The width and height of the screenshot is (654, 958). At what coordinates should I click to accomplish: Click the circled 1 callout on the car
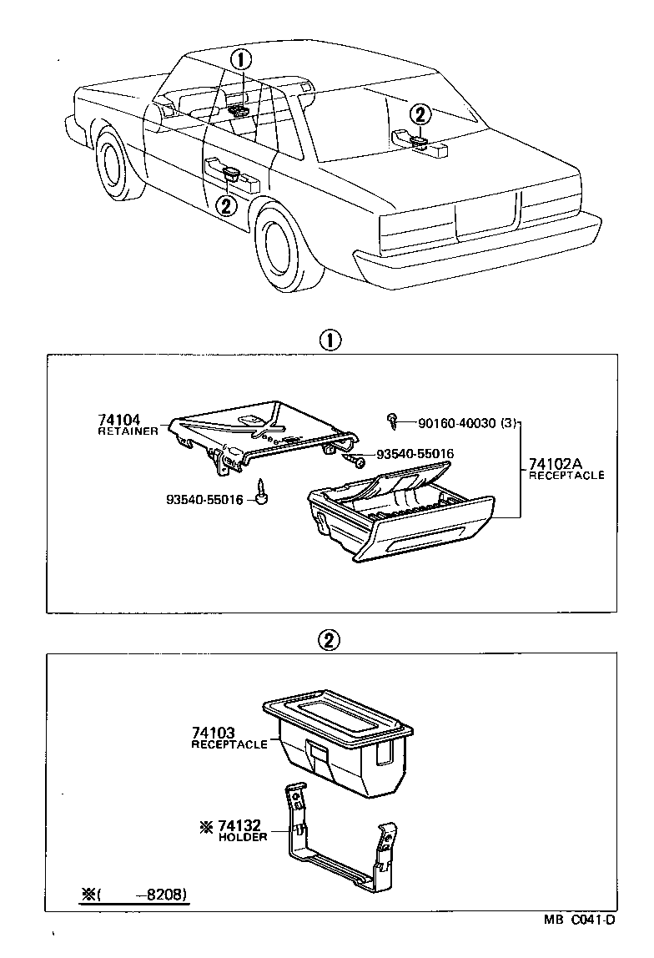coord(241,59)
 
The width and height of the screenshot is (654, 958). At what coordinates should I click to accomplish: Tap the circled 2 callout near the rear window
coord(420,115)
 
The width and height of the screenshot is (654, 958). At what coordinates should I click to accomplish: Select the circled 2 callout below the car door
coord(225,205)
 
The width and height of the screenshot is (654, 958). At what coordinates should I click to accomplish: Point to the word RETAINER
coord(128,431)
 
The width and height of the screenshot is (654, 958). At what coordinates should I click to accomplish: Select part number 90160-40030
coord(454,423)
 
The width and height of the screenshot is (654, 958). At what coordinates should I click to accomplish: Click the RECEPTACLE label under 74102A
coord(566,475)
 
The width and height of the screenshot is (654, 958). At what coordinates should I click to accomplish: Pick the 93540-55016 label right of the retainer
coord(415,454)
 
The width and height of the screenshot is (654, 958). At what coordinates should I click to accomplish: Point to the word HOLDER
coord(243,837)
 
